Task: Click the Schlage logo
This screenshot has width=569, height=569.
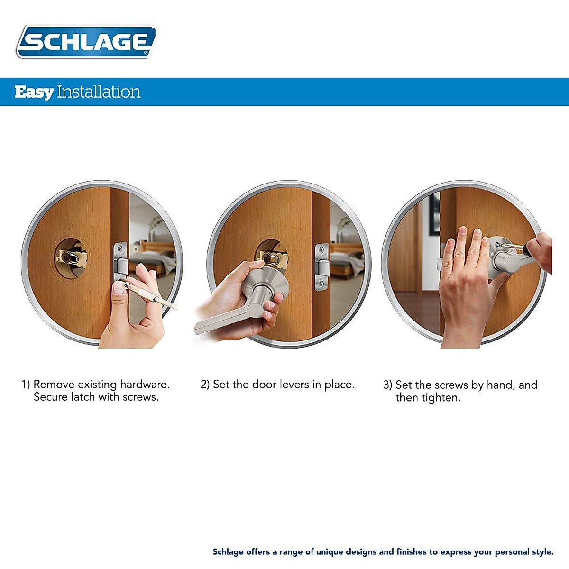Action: pos(86,42)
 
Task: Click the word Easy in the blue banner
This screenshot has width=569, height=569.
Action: pos(34,92)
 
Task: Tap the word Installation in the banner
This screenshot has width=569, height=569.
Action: pos(99,92)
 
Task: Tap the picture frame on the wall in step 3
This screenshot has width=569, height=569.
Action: pos(434,213)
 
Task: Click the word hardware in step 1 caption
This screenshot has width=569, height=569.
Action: pos(145,385)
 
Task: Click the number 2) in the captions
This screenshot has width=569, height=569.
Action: pos(205,385)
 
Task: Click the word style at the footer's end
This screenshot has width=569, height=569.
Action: pos(543,552)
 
